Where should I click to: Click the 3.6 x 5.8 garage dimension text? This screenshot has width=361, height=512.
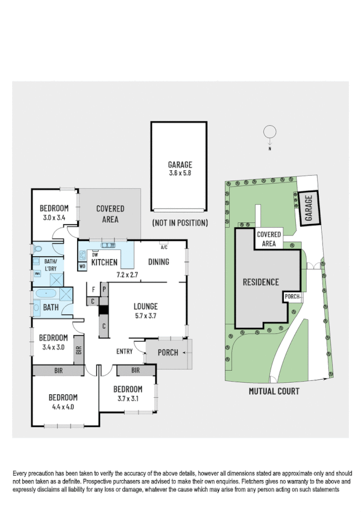[180, 173]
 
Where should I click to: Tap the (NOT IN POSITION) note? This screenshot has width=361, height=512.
[180, 223]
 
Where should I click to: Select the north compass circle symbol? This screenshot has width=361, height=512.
[270, 131]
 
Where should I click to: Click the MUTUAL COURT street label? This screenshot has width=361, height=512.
[274, 391]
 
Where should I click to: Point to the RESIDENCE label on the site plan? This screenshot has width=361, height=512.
[260, 282]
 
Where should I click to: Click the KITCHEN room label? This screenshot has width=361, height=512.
[104, 262]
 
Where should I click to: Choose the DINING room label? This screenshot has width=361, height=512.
[159, 262]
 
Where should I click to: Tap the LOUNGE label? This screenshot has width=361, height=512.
[146, 306]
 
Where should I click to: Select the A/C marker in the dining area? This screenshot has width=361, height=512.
[163, 248]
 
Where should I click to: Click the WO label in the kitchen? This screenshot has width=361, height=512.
[82, 265]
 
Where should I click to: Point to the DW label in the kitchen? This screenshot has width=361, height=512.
[95, 254]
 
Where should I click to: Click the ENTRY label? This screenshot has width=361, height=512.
[124, 352]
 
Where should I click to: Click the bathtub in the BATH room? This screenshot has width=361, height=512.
[45, 294]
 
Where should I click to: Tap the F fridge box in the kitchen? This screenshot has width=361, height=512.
[93, 290]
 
